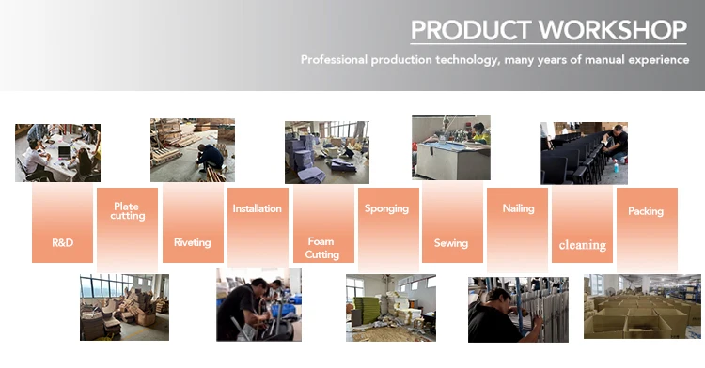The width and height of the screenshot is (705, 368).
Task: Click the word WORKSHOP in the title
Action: pyautogui.click(x=613, y=30)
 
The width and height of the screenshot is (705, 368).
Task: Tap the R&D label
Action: pyautogui.click(x=62, y=243)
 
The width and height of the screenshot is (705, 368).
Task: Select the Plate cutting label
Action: pyautogui.click(x=127, y=211)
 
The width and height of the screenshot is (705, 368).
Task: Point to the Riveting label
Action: pyautogui.click(x=193, y=242)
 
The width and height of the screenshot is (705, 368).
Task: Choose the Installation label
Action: pyautogui.click(x=258, y=208)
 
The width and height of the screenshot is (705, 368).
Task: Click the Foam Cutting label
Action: pyautogui.click(x=321, y=248)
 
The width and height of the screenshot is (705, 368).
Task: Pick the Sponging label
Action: pyautogui.click(x=386, y=208)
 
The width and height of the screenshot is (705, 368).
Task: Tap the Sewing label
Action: pyautogui.click(x=451, y=243)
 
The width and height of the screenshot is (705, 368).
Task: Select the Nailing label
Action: pyautogui.click(x=518, y=208)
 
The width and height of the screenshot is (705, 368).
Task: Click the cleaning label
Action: pyautogui.click(x=583, y=245)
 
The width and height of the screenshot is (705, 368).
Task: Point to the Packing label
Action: pyautogui.click(x=646, y=211)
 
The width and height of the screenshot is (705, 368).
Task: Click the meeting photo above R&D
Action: pyautogui.click(x=57, y=153)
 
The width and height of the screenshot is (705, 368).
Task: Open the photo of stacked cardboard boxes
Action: pyautogui.click(x=642, y=307)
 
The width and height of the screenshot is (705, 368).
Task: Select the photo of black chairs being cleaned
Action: pyautogui.click(x=584, y=153)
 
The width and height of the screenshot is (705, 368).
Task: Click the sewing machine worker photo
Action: pyautogui.click(x=451, y=147)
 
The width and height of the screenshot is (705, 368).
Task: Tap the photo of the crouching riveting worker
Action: pyautogui.click(x=193, y=150)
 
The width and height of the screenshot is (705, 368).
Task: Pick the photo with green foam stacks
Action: pyautogui.click(x=391, y=308)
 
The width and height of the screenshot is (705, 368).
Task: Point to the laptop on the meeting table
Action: pyautogui.click(x=65, y=152)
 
